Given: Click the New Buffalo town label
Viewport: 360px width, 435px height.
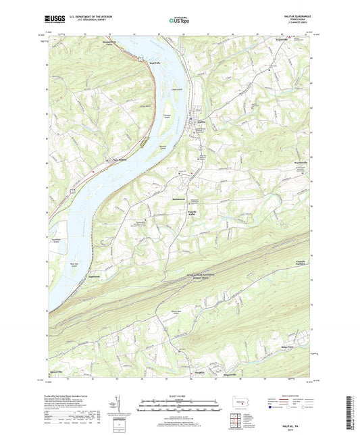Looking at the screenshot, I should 120,161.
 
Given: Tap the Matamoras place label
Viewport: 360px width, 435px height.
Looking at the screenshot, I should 176,201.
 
